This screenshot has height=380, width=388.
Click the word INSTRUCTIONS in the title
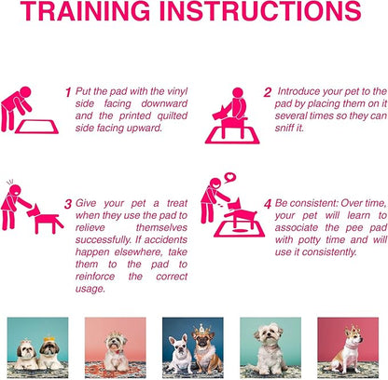(260, 11)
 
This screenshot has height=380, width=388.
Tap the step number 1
(68, 92)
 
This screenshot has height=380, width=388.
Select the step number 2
(268, 92)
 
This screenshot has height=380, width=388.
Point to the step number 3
(68, 204)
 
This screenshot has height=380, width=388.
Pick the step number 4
(268, 204)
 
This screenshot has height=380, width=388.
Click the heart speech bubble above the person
(230, 178)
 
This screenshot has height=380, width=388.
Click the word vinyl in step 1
(177, 91)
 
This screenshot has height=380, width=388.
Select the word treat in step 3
(177, 203)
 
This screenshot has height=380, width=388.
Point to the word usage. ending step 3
(90, 289)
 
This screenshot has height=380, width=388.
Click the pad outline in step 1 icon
(37, 127)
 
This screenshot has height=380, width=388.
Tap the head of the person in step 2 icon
(238, 93)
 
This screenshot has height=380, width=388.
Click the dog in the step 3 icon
(45, 216)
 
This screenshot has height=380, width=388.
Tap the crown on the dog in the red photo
(353, 331)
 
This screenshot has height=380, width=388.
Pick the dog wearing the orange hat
(49, 354)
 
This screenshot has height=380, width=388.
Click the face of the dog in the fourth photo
(268, 336)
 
